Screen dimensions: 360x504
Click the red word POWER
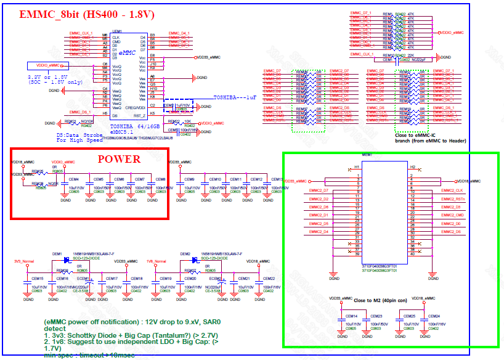[x=120, y=159]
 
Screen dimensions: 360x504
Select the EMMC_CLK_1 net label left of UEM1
[x=81, y=33]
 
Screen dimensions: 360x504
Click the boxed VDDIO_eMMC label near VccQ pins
[x=47, y=65]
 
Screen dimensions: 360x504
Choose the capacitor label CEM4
[x=74, y=179]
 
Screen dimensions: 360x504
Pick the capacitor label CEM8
[x=160, y=179]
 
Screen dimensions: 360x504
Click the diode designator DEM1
[x=57, y=254]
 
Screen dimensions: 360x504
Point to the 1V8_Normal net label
[x=156, y=261]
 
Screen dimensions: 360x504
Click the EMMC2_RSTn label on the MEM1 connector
[x=452, y=199]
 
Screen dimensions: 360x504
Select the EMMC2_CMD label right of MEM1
[x=452, y=215]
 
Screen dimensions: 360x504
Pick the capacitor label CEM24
[x=434, y=316]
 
